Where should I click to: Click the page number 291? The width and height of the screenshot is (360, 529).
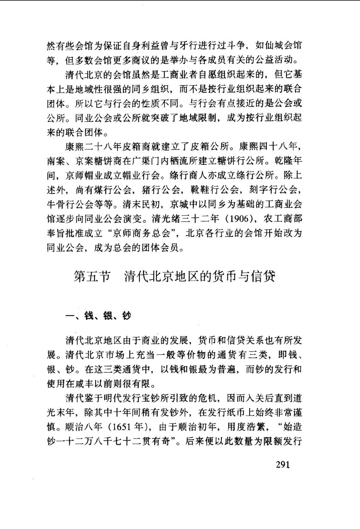[x=283, y=464]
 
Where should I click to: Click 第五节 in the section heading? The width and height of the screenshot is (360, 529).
[x=92, y=277]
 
